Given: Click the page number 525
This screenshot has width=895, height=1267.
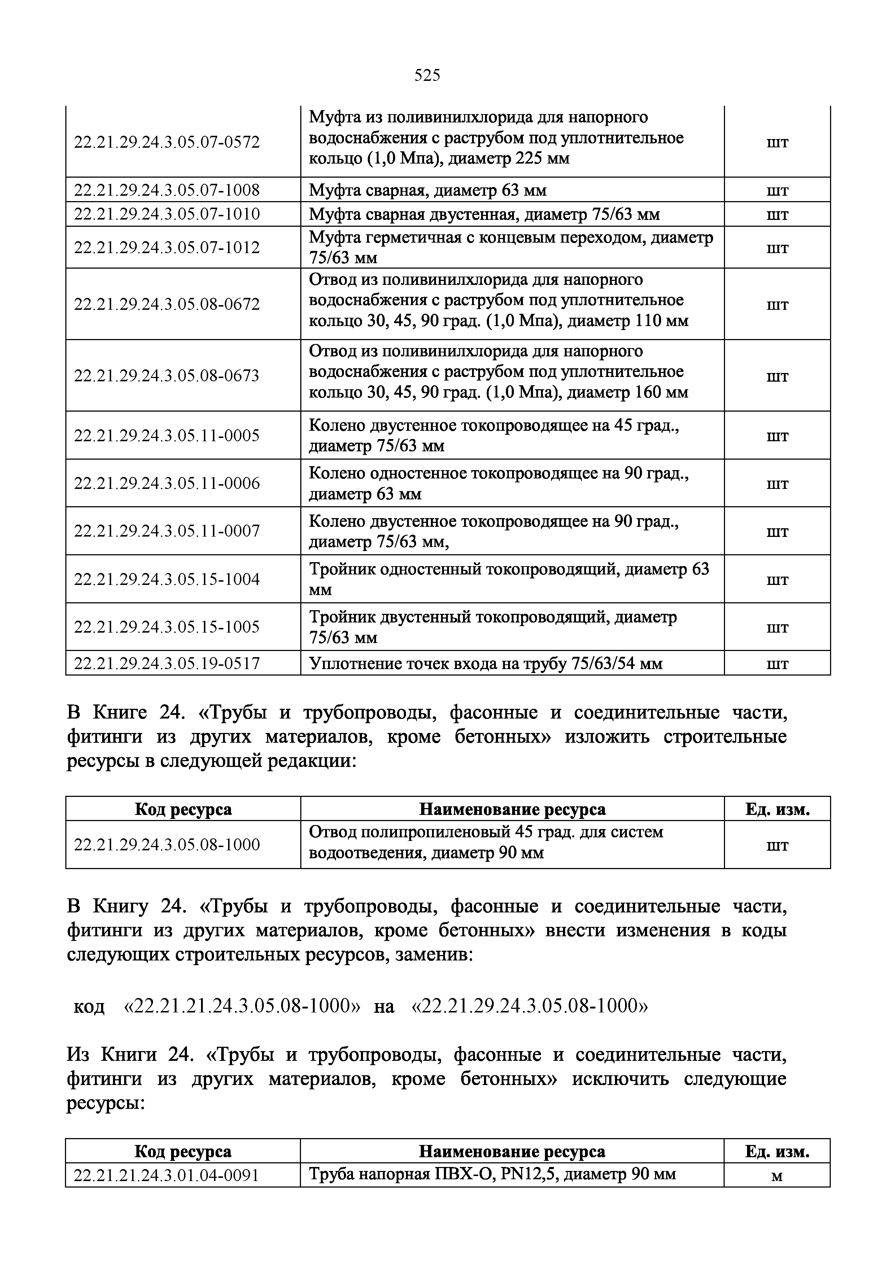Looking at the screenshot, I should [427, 75].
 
